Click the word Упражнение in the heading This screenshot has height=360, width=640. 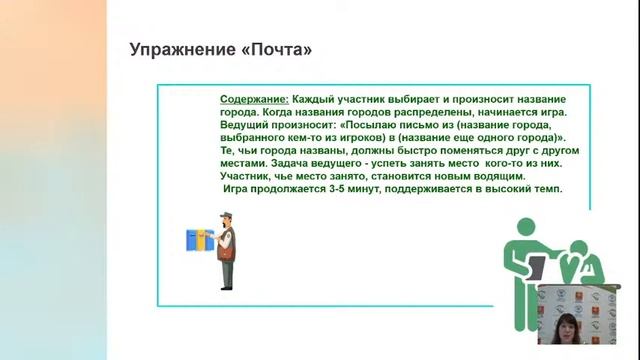pyautogui.click(x=176, y=49)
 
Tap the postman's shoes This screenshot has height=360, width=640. pyautogui.click(x=227, y=285)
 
